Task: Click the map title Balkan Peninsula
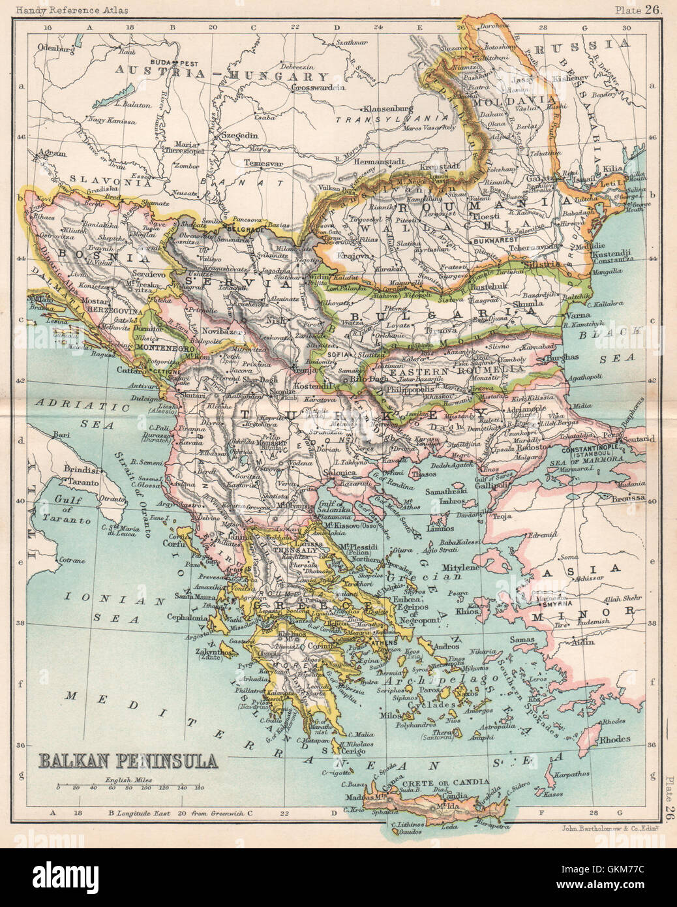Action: [x=128, y=760]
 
